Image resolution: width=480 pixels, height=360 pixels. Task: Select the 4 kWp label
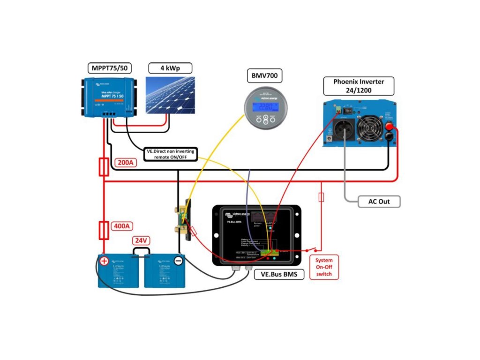click(x=170, y=68)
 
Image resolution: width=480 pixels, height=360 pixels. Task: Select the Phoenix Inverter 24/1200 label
click(x=359, y=86)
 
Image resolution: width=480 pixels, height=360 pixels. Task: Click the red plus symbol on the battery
click(x=104, y=261)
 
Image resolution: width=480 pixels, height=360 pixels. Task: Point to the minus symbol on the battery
click(x=178, y=261)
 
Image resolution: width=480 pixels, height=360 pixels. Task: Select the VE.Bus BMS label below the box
click(x=278, y=274)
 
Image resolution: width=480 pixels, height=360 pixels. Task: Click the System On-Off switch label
click(x=323, y=268)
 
